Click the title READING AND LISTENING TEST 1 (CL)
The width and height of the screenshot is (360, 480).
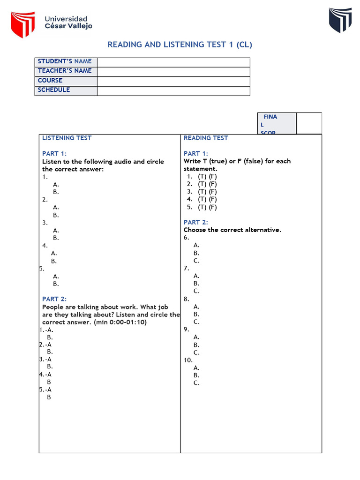[180, 45]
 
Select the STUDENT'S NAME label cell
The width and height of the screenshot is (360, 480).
[66, 62]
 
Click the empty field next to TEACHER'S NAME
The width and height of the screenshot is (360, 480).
[173, 71]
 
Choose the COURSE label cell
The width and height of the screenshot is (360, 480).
[66, 81]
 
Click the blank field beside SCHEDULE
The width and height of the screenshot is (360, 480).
[173, 90]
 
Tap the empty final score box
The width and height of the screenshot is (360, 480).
[309, 123]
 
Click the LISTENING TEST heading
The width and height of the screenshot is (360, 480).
[67, 138]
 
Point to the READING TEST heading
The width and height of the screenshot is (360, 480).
[206, 138]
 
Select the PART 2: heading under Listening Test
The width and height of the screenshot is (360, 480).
[54, 299]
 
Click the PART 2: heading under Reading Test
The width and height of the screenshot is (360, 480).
[196, 222]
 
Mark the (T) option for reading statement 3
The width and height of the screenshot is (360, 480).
[202, 192]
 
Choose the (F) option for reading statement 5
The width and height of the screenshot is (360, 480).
[213, 207]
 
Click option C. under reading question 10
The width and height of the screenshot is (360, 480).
[196, 383]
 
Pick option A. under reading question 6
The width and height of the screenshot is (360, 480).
[196, 245]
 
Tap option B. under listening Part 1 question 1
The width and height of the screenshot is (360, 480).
[56, 192]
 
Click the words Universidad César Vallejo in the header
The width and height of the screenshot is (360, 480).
[68, 22]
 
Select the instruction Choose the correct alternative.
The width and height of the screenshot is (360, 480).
[232, 230]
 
